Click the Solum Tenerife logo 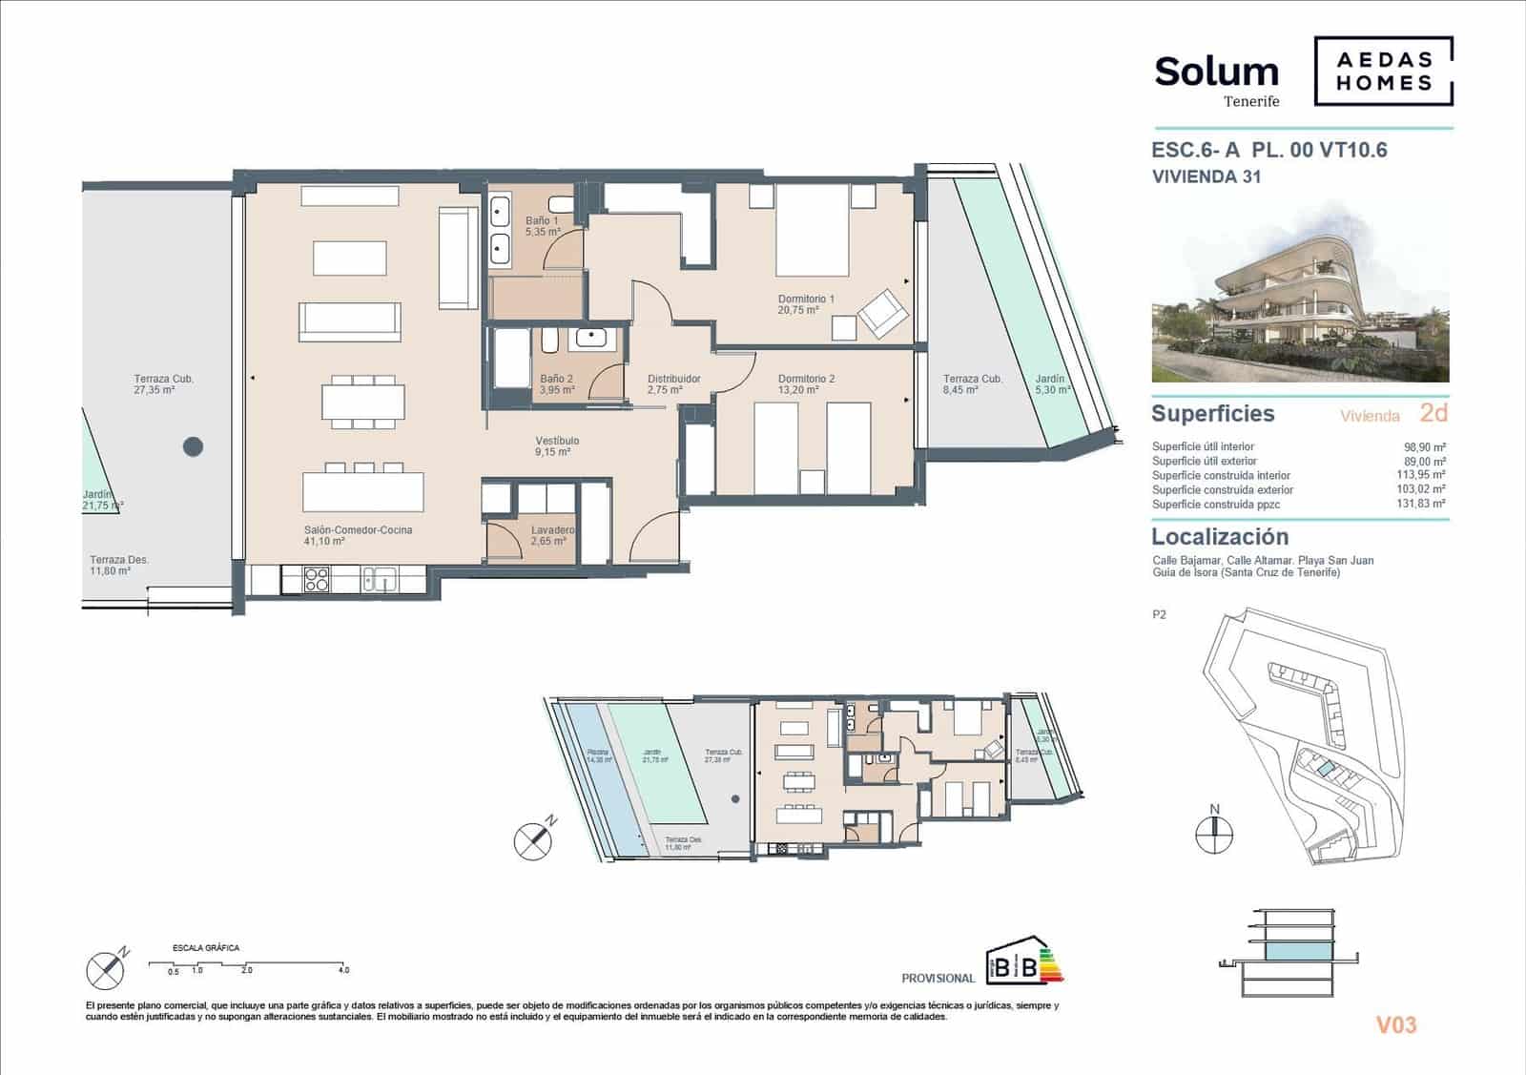pos(1216,78)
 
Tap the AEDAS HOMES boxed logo pos(1383,71)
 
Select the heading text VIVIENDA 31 pos(1206,176)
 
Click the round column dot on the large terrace pos(194,445)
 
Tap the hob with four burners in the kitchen pos(317,579)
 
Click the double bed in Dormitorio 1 pos(812,231)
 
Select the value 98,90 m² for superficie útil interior pos(1425,446)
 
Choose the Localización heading pos(1219,537)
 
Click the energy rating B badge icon pos(1023,963)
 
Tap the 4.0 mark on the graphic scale pos(344,970)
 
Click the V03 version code pos(1395,1025)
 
